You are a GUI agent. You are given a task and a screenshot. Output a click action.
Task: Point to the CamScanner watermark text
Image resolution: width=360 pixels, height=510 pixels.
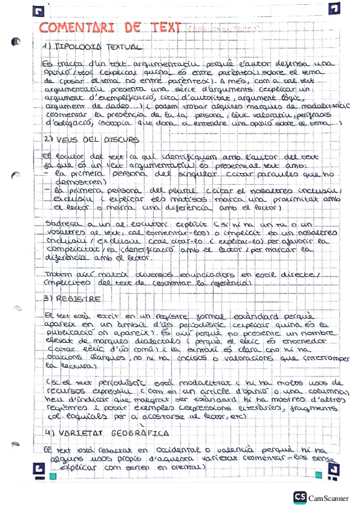[330, 498]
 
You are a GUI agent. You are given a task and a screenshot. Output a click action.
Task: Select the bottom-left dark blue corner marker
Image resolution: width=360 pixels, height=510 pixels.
[38, 468]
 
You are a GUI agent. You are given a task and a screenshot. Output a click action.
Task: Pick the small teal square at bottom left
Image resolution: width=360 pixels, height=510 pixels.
[53, 477]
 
